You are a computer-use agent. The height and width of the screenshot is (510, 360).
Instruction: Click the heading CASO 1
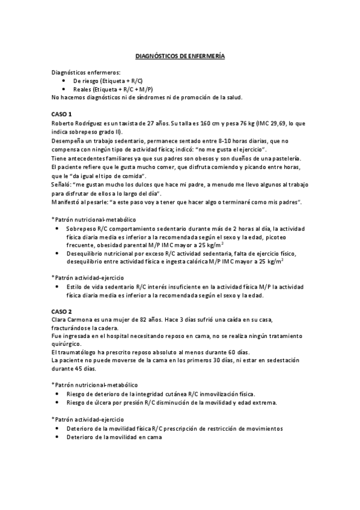(62, 114)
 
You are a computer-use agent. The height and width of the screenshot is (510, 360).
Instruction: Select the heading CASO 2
(62, 311)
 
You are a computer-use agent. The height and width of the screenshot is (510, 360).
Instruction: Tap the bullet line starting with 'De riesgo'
(108, 80)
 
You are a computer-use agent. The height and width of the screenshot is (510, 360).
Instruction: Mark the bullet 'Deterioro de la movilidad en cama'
(114, 437)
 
